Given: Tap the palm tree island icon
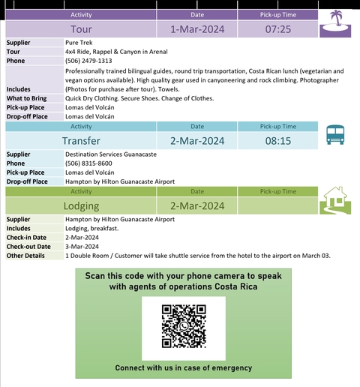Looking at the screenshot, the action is (x=335, y=23).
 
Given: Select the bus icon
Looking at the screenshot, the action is (x=335, y=134).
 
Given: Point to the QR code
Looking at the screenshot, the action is (x=184, y=328).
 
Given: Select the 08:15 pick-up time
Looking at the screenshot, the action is (x=278, y=140).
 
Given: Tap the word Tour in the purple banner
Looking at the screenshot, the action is (x=81, y=30).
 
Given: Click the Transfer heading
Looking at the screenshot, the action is (x=81, y=140).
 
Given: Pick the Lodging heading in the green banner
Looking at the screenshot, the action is (x=81, y=206).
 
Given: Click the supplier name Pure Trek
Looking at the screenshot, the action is (x=79, y=43).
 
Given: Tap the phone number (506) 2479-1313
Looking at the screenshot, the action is (x=88, y=61).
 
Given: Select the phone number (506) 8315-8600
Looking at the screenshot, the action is (x=88, y=163).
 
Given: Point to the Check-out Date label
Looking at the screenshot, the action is (x=28, y=246).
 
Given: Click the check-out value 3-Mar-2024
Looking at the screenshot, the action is (x=82, y=246).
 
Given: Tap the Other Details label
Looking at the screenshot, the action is (x=25, y=255).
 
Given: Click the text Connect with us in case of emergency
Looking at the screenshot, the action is (x=184, y=368).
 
